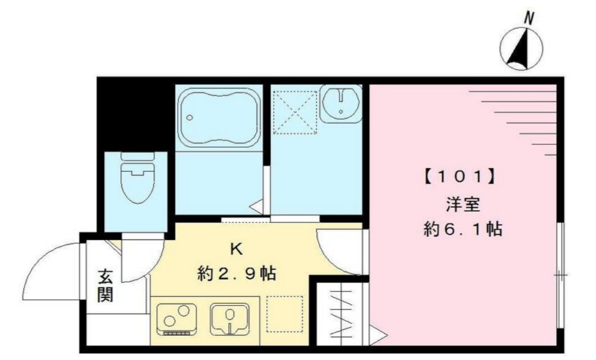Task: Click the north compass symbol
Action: tap(521, 49)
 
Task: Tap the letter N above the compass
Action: tap(529, 19)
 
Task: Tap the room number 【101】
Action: tap(460, 177)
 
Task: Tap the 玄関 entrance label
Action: tap(105, 287)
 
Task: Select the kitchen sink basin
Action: tap(230, 319)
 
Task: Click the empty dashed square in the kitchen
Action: tap(284, 313)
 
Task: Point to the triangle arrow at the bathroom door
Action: tap(256, 207)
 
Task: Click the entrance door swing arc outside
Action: tap(50, 271)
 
